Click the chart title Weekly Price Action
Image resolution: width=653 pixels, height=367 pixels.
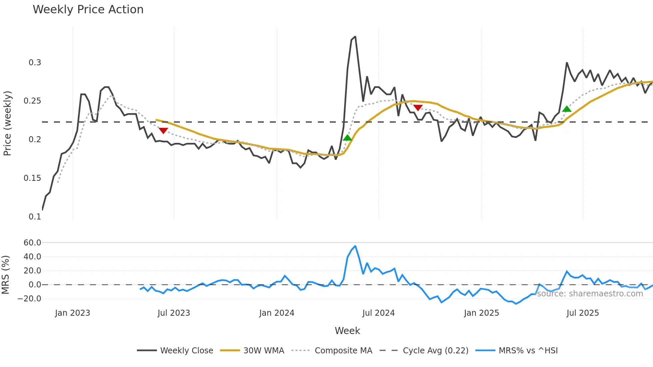coord(88,10)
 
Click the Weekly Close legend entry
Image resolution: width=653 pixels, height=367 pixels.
coord(187,351)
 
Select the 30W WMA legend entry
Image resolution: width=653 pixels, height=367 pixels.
coord(264,351)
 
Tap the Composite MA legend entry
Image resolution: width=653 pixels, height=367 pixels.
coord(343,351)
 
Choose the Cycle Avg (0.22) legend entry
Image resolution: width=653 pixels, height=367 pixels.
coord(435,351)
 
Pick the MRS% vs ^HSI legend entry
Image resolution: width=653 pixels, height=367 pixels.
coord(528,351)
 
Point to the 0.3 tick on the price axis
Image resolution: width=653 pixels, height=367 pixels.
coord(35,63)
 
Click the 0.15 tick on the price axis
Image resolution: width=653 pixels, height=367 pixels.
coord(32,178)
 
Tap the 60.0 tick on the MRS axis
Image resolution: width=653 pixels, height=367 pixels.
coord(32,243)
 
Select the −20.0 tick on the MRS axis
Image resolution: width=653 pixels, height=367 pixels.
coord(30,299)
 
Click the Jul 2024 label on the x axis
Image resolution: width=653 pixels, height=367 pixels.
coord(378,313)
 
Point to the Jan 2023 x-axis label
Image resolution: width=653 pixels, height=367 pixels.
coord(73,313)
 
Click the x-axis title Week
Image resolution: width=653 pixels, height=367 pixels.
coord(347,331)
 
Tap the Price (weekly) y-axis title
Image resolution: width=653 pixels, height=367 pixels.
coord(7,123)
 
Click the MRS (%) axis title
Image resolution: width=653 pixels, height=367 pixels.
coord(5,275)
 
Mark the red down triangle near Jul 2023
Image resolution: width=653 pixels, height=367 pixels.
coord(163,131)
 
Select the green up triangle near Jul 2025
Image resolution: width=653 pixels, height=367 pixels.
coord(567,109)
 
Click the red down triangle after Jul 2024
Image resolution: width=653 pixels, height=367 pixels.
coord(418,108)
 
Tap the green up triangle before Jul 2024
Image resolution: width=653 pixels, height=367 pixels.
coord(347,138)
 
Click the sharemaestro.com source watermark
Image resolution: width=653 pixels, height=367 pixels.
coord(590,294)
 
